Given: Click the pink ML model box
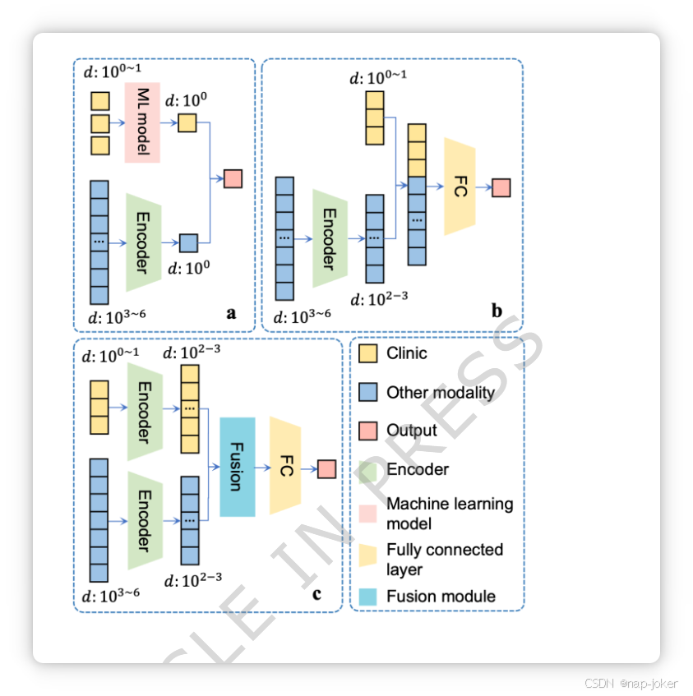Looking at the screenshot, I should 141,122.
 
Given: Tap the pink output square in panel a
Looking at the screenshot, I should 233,178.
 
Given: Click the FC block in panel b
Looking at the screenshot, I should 460,187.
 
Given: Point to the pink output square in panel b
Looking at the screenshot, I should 501,187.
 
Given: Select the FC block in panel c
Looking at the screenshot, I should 286,467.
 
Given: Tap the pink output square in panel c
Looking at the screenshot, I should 326,468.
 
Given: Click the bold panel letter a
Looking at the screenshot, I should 231,312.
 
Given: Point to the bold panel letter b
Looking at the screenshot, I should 497,311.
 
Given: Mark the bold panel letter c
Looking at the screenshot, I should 316,593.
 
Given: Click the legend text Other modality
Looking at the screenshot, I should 441,393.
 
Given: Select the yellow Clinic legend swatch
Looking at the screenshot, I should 368,354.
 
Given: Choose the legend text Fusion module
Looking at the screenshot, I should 441,596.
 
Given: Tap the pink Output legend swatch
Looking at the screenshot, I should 368,431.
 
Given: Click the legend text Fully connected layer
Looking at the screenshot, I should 444,560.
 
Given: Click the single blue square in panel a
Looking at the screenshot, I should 188,242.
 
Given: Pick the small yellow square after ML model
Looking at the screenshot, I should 187,122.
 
